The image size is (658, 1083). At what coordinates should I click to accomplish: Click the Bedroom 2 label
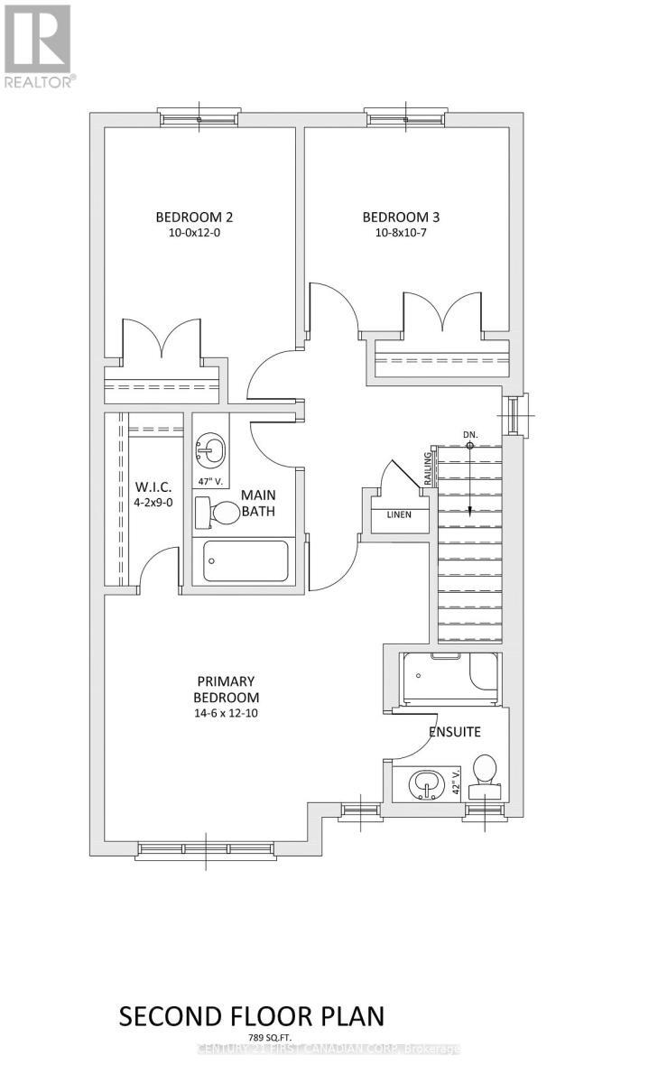(x=195, y=217)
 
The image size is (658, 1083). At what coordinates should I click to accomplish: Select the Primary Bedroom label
(x=227, y=689)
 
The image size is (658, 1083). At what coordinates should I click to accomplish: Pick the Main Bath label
(x=258, y=504)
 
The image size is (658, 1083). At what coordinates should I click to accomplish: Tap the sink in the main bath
(x=210, y=447)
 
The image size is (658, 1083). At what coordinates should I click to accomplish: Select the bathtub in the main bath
(x=246, y=560)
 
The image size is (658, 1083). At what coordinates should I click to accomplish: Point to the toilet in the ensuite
(x=486, y=773)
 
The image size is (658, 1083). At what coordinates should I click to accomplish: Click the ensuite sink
(x=423, y=784)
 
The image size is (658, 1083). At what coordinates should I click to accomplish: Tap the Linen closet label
(x=399, y=514)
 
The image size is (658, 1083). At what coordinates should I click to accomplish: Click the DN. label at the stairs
(x=469, y=434)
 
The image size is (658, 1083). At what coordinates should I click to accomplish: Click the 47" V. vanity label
(x=209, y=481)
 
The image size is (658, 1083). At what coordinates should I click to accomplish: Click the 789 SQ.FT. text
(x=252, y=1038)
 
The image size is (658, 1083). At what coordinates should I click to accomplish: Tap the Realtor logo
(x=38, y=44)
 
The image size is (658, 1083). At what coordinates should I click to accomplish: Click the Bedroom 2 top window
(x=199, y=117)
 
